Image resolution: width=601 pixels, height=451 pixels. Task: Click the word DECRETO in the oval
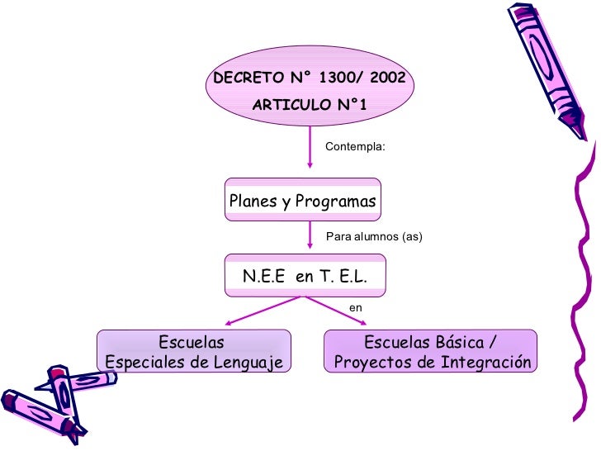pyautogui.click(x=247, y=79)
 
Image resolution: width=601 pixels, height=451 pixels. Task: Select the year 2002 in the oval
pyautogui.click(x=386, y=79)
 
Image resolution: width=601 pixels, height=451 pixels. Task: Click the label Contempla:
pyautogui.click(x=355, y=146)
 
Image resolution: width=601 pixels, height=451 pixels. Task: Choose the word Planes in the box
pyautogui.click(x=253, y=201)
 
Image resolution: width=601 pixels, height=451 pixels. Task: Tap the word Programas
pyautogui.click(x=335, y=201)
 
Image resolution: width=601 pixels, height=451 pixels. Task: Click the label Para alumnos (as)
pyautogui.click(x=375, y=237)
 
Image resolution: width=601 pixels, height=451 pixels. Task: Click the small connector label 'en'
pyautogui.click(x=357, y=307)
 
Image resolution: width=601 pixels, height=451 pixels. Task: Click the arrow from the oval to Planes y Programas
pyautogui.click(x=309, y=153)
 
